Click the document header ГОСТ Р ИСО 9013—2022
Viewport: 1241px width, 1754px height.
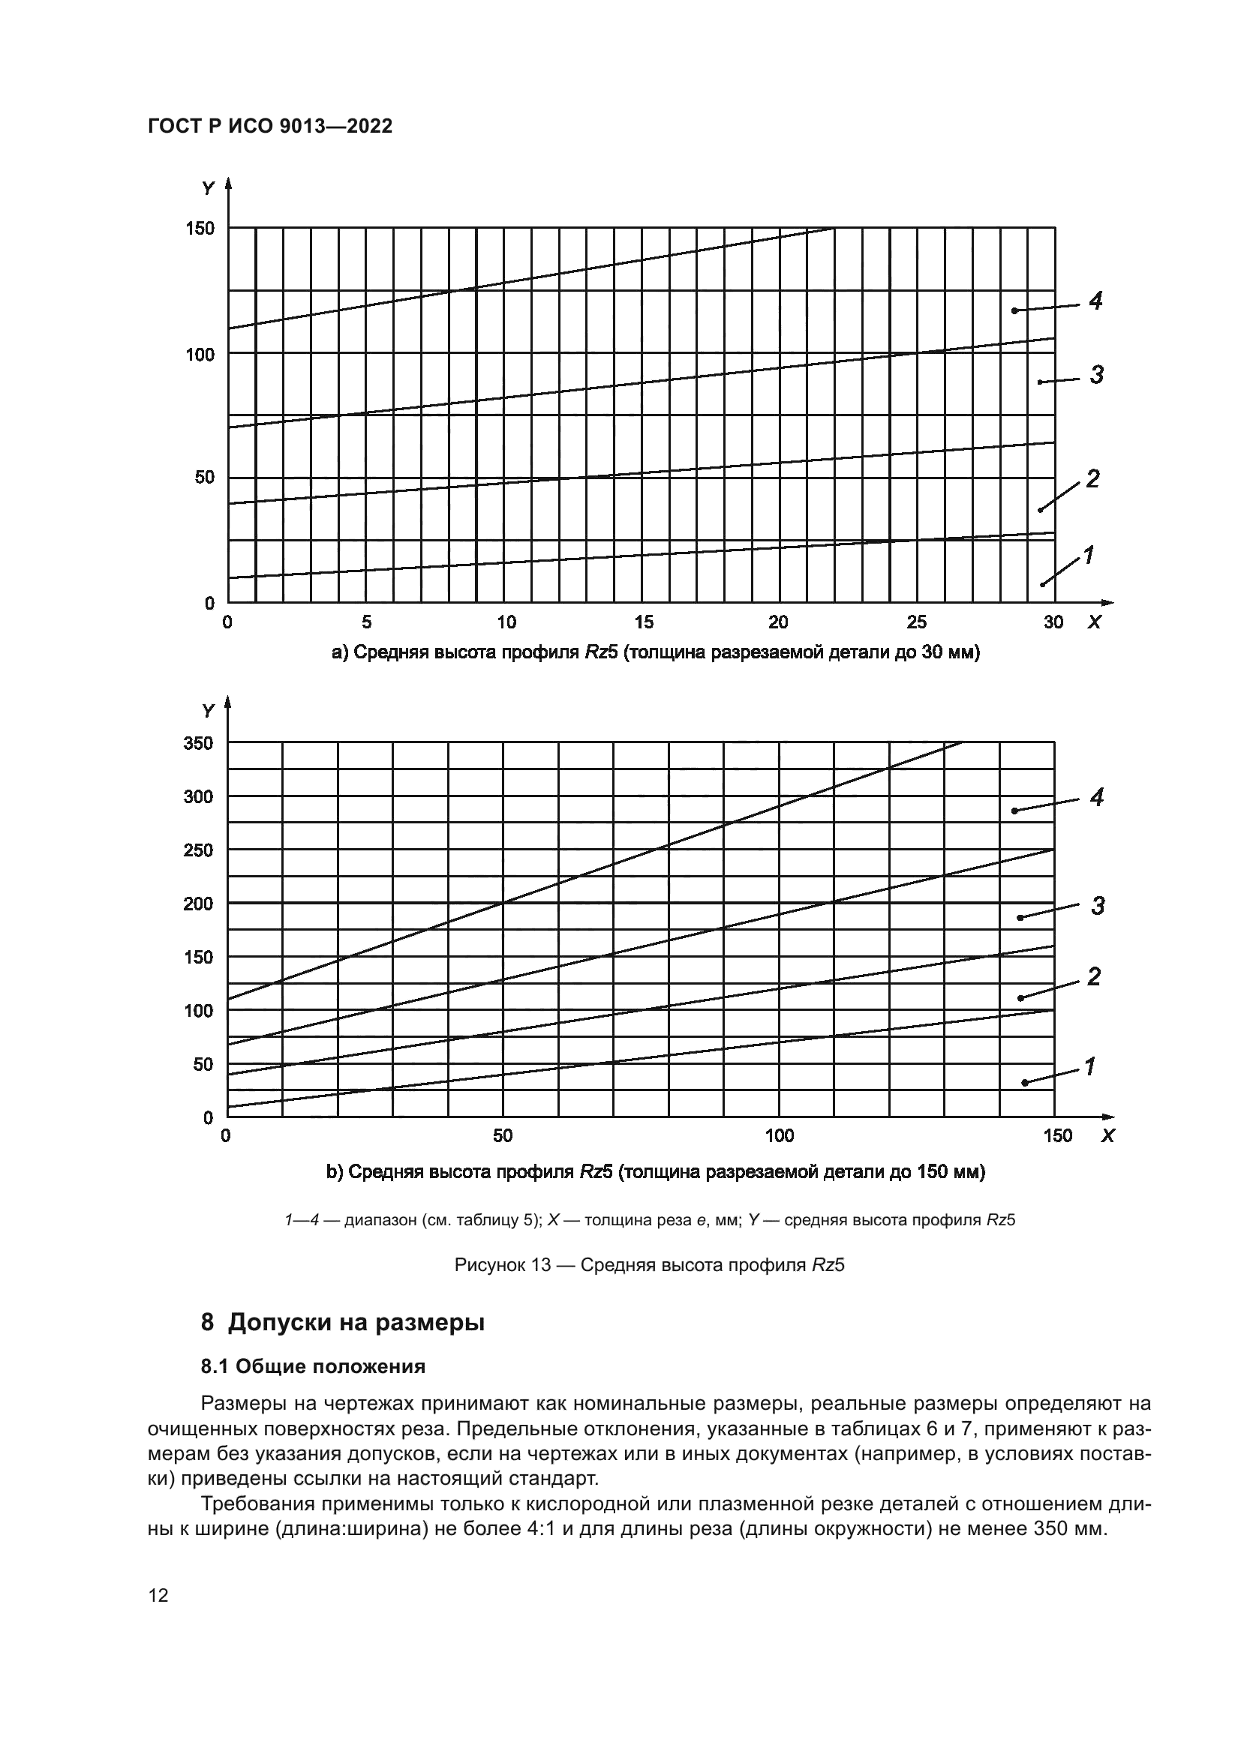click(270, 127)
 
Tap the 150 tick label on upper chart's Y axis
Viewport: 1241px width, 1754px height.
click(200, 229)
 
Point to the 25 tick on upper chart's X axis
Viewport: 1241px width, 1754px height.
click(916, 622)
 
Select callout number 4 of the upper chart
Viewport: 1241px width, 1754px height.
click(1095, 301)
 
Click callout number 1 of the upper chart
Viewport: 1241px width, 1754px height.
click(1088, 556)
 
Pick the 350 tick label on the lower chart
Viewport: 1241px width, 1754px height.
click(199, 743)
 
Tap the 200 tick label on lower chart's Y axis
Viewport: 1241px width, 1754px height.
click(199, 904)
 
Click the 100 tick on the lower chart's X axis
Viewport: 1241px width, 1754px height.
click(780, 1136)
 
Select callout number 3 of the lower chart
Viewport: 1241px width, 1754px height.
click(1098, 907)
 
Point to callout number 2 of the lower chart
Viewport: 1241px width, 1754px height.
click(1094, 976)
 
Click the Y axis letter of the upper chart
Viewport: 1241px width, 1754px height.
click(208, 188)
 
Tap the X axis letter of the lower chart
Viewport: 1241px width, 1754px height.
click(1107, 1137)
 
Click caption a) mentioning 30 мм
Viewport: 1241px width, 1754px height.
click(655, 653)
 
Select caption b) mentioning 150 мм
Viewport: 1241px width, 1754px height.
click(655, 1172)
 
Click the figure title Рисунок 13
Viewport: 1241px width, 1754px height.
click(649, 1265)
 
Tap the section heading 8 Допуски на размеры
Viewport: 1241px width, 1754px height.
click(342, 1322)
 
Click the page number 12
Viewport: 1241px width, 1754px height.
click(158, 1595)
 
